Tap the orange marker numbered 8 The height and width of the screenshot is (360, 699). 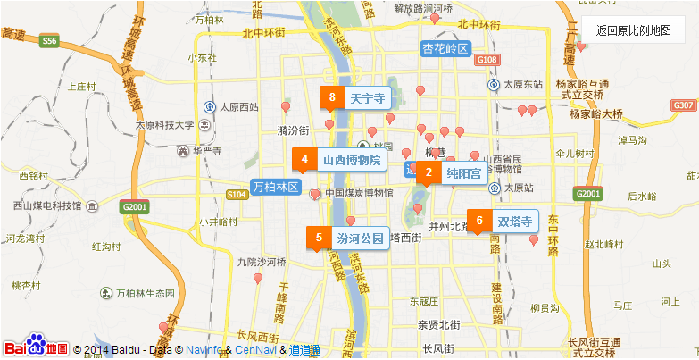pos(332,97)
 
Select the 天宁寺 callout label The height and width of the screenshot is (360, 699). pos(367,97)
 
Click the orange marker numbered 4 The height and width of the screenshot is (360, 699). pos(304,161)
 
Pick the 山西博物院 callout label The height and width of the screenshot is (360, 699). pos(351,161)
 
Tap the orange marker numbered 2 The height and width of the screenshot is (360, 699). pos(429,173)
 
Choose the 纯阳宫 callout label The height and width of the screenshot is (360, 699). pos(463,173)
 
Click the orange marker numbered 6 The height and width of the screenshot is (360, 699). pos(479,221)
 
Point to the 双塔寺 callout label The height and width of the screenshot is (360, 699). pos(514,221)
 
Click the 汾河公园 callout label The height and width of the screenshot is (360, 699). pos(360,239)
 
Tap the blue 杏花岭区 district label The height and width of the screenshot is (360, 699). pos(445,48)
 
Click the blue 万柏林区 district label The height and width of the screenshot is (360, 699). pos(275,188)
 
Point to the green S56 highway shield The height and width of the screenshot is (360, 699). pos(49,40)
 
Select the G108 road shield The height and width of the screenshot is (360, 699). pos(486,59)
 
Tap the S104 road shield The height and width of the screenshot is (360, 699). pos(237,194)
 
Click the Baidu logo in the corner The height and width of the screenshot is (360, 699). pos(36,347)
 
